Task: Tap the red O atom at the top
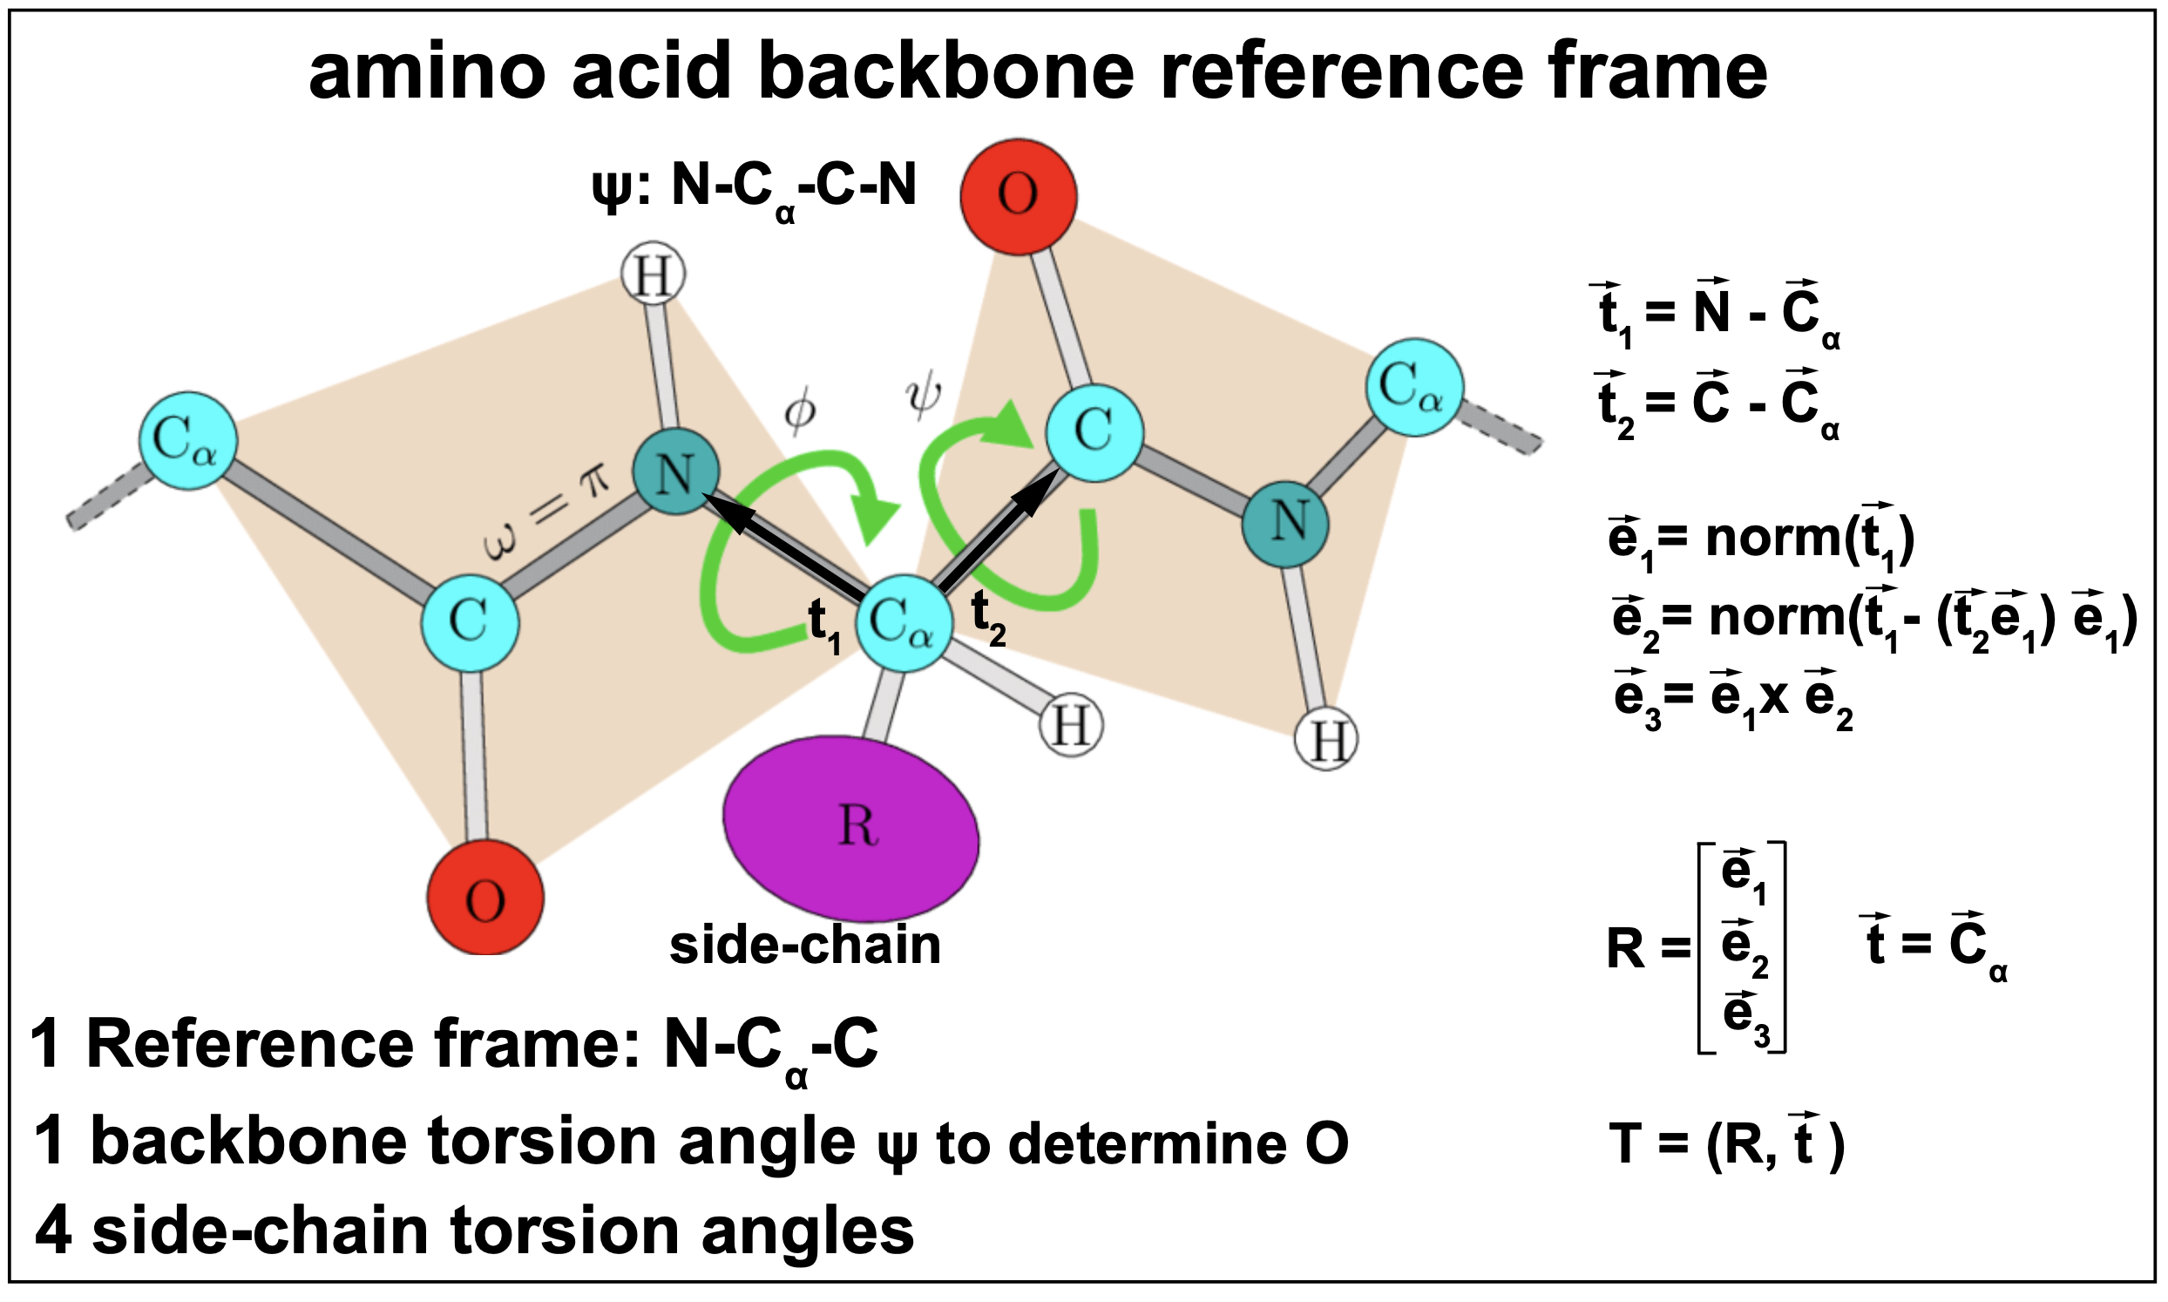tap(1019, 196)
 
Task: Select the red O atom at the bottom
tap(485, 899)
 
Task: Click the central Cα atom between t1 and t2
tap(904, 624)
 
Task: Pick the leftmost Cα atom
tap(188, 439)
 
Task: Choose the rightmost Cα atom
tap(1413, 387)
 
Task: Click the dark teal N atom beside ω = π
tap(675, 471)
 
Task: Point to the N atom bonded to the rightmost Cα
tap(1285, 524)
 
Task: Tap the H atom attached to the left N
tap(653, 275)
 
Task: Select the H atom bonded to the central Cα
tap(1070, 726)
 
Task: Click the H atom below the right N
tap(1326, 740)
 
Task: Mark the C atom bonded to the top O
tap(1094, 432)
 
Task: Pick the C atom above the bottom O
tap(469, 622)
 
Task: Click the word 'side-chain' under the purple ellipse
tap(804, 946)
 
